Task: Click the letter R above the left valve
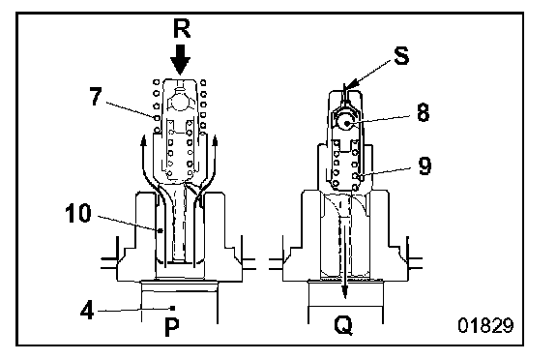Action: (x=182, y=28)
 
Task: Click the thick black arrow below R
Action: (x=181, y=59)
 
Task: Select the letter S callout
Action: (x=401, y=55)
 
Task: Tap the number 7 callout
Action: (x=95, y=97)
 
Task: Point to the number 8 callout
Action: (x=423, y=113)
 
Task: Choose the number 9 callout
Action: (x=425, y=165)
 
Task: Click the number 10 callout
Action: (x=78, y=213)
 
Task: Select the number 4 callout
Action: (x=87, y=311)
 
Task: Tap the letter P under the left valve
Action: (x=172, y=327)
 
